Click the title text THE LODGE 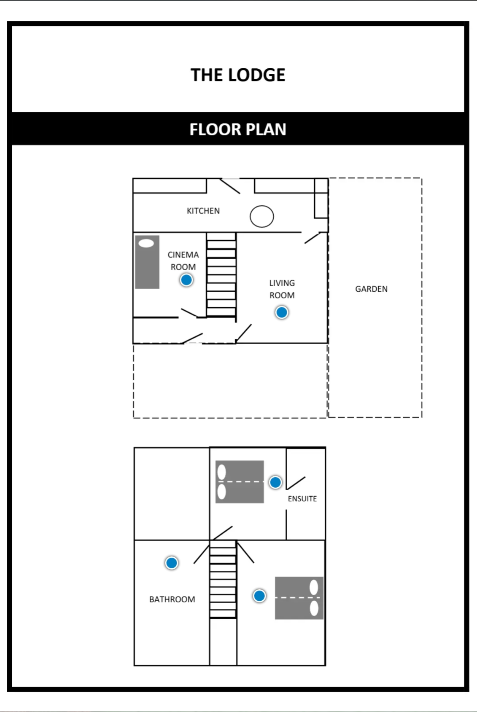[x=238, y=75]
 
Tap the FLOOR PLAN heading [x=238, y=129]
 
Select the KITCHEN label [x=203, y=211]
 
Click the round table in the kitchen [x=262, y=216]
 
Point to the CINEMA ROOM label [x=183, y=261]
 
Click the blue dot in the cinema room [x=186, y=280]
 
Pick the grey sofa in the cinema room [x=147, y=262]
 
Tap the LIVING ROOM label [x=282, y=289]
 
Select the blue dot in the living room [x=282, y=312]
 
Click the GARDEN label [x=371, y=289]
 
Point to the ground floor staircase [x=221, y=275]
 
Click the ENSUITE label [x=302, y=499]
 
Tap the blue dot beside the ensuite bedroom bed [x=275, y=482]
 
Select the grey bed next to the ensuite [x=240, y=482]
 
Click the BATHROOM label [x=172, y=599]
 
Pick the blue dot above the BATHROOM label [x=172, y=563]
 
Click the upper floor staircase [x=223, y=580]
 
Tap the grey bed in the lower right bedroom [x=299, y=598]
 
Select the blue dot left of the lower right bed [x=259, y=596]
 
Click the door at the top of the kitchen [x=230, y=186]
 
